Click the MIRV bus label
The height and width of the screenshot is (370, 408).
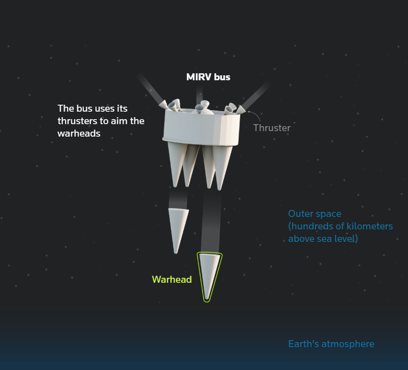(x=208, y=77)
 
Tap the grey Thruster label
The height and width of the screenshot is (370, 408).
(x=271, y=128)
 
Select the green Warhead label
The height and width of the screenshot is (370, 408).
(x=172, y=279)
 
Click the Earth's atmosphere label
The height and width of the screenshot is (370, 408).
(x=331, y=344)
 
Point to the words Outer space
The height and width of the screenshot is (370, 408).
(x=314, y=214)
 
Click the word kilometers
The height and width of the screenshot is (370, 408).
(x=367, y=226)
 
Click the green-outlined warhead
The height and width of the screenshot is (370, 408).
(x=210, y=275)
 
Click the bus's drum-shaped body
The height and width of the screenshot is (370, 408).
(x=201, y=129)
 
